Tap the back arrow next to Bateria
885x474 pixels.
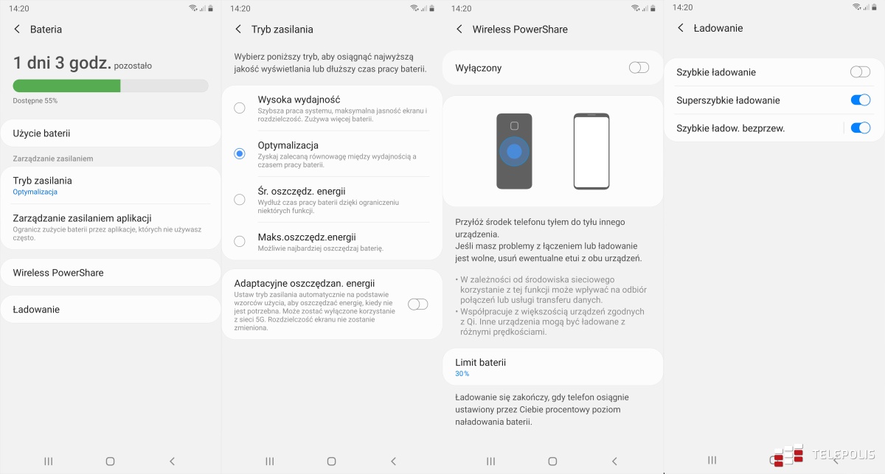click(17, 29)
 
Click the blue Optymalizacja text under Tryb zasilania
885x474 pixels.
click(35, 192)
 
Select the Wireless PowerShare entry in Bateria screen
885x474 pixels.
click(58, 273)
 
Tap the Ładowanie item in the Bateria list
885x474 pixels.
click(36, 310)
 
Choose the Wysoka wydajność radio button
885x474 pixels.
click(240, 108)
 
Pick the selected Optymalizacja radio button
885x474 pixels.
click(240, 153)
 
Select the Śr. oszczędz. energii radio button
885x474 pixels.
click(240, 199)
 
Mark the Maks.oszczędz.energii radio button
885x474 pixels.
click(240, 241)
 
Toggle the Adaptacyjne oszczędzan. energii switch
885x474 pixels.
click(417, 304)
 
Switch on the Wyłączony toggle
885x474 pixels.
click(639, 68)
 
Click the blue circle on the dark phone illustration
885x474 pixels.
click(514, 151)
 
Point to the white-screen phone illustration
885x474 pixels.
click(591, 151)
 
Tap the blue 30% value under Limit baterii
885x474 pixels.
click(462, 374)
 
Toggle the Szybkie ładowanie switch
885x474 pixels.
click(860, 72)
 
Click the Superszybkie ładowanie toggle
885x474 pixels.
click(860, 100)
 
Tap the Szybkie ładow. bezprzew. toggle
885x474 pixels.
click(860, 128)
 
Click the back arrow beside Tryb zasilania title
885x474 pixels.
click(238, 29)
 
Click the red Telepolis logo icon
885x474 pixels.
click(788, 454)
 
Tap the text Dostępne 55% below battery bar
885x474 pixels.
click(35, 100)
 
